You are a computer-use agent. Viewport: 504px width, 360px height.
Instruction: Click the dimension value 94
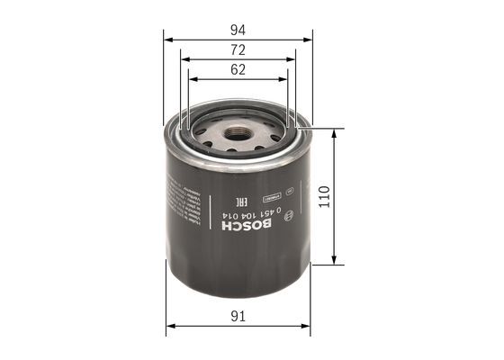238,28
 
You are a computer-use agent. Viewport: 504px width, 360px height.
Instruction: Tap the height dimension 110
325,196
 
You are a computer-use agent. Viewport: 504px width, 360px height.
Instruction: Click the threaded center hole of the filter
238,136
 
